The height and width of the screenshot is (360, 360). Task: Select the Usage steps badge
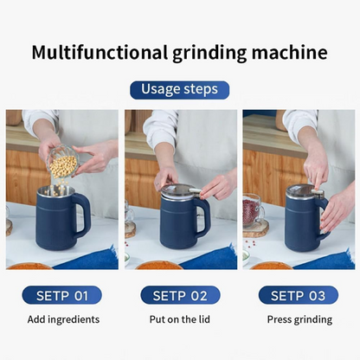180,89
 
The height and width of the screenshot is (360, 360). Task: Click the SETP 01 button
62,295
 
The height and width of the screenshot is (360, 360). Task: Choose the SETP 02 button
180,295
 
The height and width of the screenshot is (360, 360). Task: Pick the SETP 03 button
299,295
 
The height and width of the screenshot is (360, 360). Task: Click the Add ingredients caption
62,319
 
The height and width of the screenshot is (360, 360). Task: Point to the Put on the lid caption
180,319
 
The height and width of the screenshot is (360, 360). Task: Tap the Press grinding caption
299,319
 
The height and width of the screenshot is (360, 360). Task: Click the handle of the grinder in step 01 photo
83,215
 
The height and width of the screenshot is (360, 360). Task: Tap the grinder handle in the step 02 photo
203,216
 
